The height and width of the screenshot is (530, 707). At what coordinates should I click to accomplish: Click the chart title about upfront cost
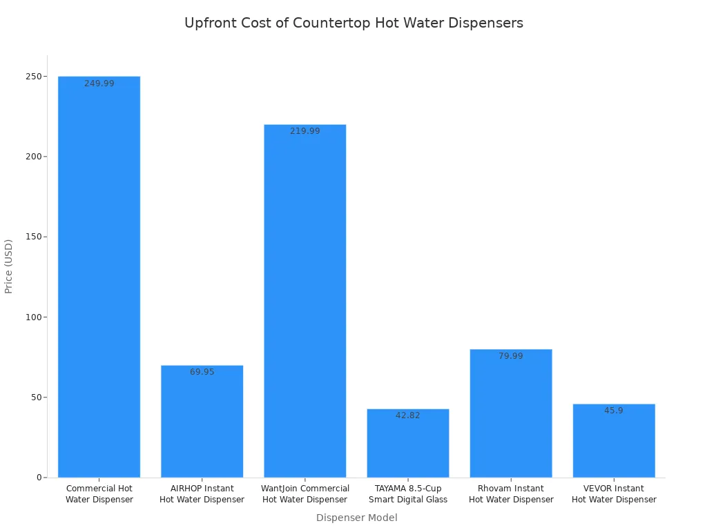(353, 23)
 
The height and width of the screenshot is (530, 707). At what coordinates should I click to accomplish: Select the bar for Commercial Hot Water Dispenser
(99, 276)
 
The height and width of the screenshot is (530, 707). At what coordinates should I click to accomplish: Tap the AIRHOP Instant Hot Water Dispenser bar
(202, 421)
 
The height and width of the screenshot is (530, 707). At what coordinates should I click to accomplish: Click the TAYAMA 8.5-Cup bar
(407, 445)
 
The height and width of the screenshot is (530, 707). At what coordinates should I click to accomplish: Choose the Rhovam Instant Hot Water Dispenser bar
(511, 414)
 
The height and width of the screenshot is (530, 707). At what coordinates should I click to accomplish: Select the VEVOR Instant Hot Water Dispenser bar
(614, 442)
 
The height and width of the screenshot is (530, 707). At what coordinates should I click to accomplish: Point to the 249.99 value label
(99, 84)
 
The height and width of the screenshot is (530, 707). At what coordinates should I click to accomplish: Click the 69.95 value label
(202, 372)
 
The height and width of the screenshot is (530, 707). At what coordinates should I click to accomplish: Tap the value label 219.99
(305, 131)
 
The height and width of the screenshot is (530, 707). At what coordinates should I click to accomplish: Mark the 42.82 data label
(408, 415)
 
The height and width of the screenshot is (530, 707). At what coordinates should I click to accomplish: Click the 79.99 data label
(511, 356)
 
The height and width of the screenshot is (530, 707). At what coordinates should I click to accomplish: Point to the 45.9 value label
(614, 411)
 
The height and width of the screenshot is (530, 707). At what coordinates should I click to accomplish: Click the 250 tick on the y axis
(32, 76)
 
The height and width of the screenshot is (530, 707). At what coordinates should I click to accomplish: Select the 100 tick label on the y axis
(32, 317)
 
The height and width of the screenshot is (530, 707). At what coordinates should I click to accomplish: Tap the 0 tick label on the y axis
(39, 478)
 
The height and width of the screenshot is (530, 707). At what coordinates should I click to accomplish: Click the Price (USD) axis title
(9, 266)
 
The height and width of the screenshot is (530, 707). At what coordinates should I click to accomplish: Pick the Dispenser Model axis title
(356, 518)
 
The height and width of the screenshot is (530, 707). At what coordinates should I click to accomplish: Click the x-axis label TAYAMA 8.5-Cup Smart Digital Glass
(408, 494)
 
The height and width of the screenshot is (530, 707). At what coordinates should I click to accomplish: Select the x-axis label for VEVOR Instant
(614, 494)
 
